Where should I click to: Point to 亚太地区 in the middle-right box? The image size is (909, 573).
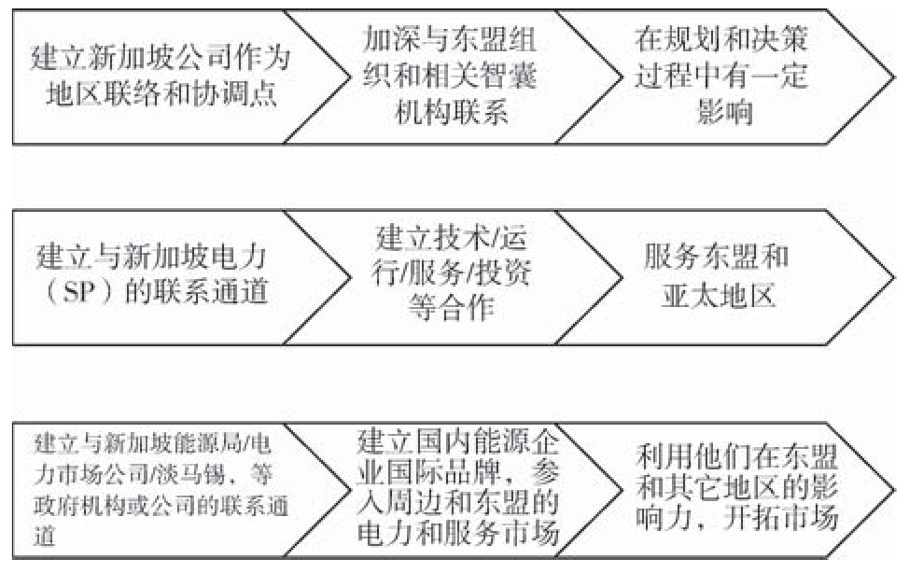coord(719,297)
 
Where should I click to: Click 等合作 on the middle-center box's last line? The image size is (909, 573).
coord(452,307)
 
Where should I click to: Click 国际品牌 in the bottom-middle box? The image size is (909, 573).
coord(442,473)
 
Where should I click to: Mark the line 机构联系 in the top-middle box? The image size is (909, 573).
coord(452,112)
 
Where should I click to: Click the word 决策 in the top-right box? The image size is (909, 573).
coord(779,40)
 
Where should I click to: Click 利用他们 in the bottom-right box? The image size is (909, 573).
coord(693,456)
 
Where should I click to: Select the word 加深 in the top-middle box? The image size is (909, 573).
coord(391,40)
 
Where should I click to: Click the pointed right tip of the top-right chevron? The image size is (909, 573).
coord(895,77)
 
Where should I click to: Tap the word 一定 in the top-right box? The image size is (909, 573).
coord(779,76)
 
